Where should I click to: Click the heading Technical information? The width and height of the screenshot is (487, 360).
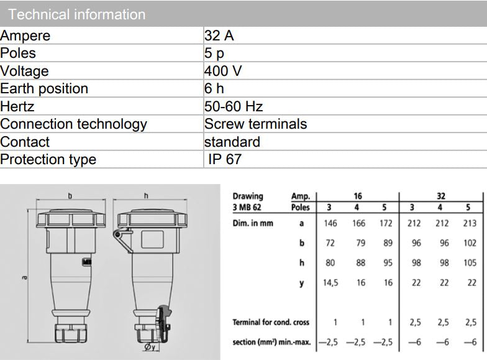(77, 14)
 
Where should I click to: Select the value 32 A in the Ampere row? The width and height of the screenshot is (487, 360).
(219, 35)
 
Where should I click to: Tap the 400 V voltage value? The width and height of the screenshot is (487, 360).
(223, 71)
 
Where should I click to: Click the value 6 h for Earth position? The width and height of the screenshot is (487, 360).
(214, 88)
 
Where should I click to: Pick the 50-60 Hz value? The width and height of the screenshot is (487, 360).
(234, 106)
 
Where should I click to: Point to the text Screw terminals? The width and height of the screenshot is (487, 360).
(255, 124)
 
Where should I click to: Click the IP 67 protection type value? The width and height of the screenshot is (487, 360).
(225, 159)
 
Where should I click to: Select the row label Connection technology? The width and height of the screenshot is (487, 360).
(73, 124)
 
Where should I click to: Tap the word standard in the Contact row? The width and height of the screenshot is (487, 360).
(232, 142)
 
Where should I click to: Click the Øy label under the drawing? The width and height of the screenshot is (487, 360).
(150, 347)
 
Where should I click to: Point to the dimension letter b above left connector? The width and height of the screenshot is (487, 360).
(70, 196)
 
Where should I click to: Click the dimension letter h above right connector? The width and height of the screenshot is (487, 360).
(146, 196)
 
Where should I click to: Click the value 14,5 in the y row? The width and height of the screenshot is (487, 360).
(330, 282)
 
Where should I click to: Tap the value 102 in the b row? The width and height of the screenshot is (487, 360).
(470, 243)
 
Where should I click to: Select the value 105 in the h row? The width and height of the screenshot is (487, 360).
(470, 263)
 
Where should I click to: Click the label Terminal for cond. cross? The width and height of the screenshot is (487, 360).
(270, 322)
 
